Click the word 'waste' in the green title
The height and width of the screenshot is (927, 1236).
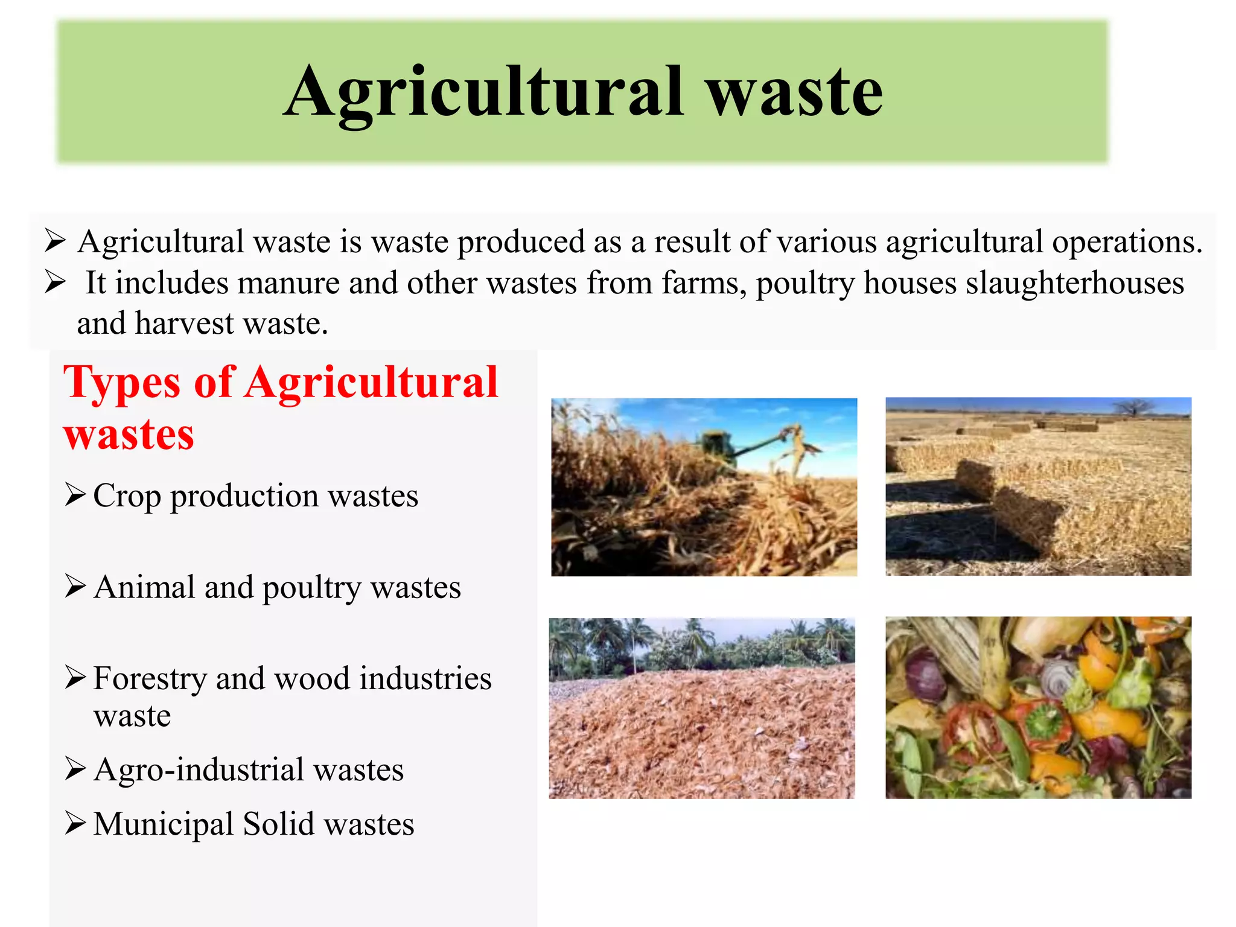tap(795, 92)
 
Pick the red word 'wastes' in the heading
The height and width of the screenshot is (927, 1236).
tap(129, 435)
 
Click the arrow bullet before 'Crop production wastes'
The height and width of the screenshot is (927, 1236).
tap(75, 495)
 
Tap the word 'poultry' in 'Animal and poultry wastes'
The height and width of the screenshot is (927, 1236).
tap(311, 588)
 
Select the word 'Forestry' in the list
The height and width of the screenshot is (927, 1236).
tap(150, 678)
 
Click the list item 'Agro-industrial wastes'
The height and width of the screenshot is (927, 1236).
tap(249, 769)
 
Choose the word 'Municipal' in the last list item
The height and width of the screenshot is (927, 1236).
tap(163, 824)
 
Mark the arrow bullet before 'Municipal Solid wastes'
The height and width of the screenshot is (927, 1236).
tap(75, 823)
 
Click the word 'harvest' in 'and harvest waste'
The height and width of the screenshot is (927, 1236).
tap(185, 323)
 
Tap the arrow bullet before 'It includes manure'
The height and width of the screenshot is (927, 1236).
tap(56, 282)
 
